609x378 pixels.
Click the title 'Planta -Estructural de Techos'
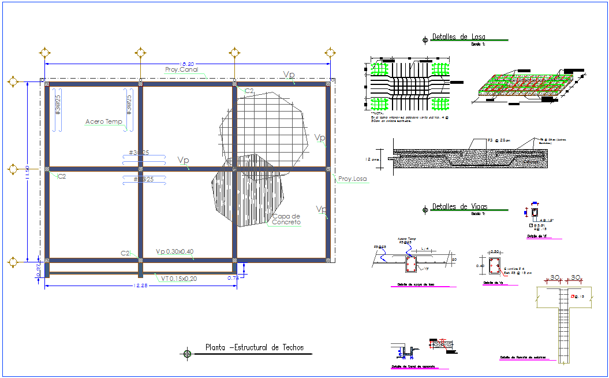pyautogui.click(x=254, y=348)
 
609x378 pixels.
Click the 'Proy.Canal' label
pyautogui.click(x=181, y=70)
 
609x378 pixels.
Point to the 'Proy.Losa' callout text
pyautogui.click(x=352, y=179)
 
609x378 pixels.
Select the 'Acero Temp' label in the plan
pyautogui.click(x=103, y=122)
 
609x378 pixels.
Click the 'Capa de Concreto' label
pyautogui.click(x=286, y=219)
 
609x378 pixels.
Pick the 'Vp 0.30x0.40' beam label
pyautogui.click(x=175, y=252)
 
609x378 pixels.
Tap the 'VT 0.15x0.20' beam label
pyautogui.click(x=179, y=279)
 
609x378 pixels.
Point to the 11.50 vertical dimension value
pyautogui.click(x=27, y=172)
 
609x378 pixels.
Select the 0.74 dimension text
pyautogui.click(x=233, y=279)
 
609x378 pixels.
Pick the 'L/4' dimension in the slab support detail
pyautogui.click(x=424, y=249)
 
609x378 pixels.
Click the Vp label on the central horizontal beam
pyautogui.click(x=184, y=160)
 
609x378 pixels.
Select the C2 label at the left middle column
pyautogui.click(x=61, y=176)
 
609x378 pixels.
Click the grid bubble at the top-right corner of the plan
pyautogui.click(x=330, y=53)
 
